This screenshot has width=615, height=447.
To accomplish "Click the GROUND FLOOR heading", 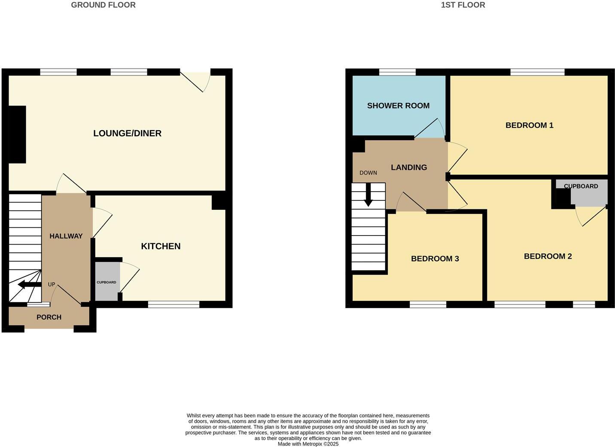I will tap(103, 5).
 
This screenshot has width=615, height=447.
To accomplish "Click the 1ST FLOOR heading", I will tap(463, 5).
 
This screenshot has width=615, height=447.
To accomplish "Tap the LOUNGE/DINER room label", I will tap(127, 133).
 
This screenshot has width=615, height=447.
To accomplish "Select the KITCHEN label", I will tap(161, 246).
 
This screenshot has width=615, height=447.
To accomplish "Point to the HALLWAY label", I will tap(66, 236).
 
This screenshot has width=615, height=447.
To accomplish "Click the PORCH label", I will tap(49, 317).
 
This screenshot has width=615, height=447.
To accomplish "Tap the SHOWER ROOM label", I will tap(398, 106).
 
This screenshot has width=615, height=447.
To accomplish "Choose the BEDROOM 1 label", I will tap(529, 126).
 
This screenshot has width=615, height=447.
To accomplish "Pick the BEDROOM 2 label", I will tap(548, 257).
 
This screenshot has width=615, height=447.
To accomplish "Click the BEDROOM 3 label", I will tap(435, 259).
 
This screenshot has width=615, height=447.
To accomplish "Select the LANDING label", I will tap(408, 168).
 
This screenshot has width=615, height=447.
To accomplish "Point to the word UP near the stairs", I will tap(52, 285).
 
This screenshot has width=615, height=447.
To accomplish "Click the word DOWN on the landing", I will tap(368, 173).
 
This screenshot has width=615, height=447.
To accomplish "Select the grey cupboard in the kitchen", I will tap(107, 282).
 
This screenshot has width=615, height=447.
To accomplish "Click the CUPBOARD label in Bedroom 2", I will tap(581, 186).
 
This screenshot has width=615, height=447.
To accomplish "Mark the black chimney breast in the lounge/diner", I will tap(17, 135).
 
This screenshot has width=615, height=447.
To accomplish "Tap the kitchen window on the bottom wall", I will tap(174, 304).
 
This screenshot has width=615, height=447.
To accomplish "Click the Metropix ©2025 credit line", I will tap(308, 444).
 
